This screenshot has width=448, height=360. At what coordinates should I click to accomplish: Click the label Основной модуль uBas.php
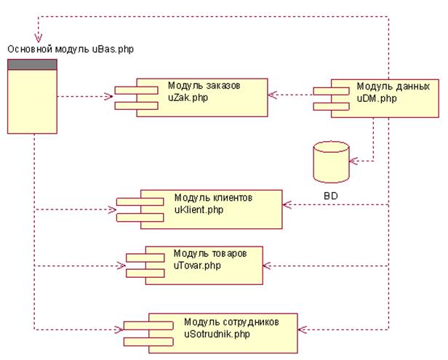pos(71,49)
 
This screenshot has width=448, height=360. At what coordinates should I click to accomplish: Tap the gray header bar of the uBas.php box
pos(31,65)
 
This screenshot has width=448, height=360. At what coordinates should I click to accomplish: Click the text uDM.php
pos(375,96)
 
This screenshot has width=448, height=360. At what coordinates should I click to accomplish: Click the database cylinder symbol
pos(329,163)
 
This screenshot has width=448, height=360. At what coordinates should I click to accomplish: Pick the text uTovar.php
pos(196,264)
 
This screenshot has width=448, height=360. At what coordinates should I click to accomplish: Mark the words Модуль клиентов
pos(213,198)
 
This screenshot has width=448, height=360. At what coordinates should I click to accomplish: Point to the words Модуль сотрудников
pos(231,321)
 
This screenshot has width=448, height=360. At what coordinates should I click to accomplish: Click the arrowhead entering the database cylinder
pos(352,159)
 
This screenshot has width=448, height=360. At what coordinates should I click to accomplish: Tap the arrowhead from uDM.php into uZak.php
pos(271,94)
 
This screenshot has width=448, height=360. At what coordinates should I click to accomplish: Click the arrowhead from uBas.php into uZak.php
pos(110,95)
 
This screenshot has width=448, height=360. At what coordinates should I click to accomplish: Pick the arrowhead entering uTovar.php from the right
pos(267,265)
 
